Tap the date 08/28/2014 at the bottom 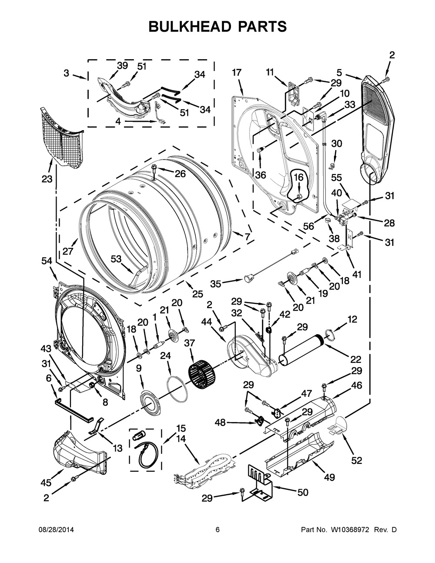click(56, 530)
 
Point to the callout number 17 click(236, 73)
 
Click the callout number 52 click(356, 460)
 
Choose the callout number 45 click(46, 482)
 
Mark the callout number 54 click(47, 261)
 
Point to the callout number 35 click(216, 284)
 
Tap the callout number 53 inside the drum click(116, 259)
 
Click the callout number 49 click(329, 477)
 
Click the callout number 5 click(339, 73)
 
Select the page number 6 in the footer click(217, 530)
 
